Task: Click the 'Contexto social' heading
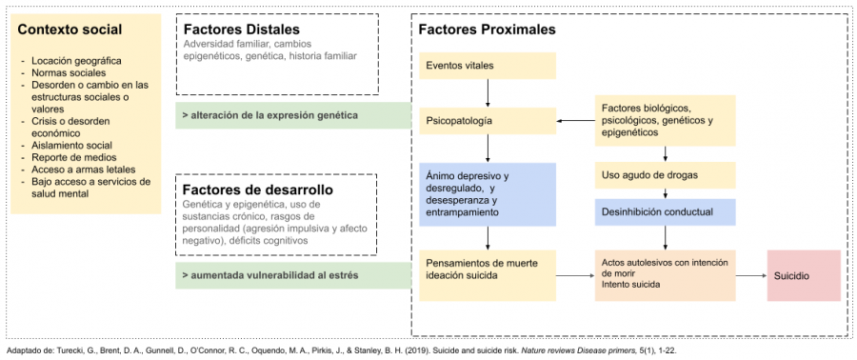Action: tap(70, 30)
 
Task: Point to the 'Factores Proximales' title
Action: tap(487, 30)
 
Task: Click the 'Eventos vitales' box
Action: tap(488, 66)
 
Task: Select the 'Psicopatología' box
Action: tap(488, 121)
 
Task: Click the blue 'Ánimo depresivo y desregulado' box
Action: tap(488, 194)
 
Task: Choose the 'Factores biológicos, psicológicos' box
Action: tap(666, 120)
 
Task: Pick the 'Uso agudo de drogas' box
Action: tap(666, 175)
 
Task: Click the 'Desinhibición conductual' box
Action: tap(666, 212)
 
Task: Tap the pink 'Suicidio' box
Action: tap(804, 275)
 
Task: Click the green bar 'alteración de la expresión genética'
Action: tap(293, 115)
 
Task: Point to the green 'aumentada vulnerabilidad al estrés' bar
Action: tap(293, 275)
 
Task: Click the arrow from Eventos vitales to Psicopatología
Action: tap(488, 93)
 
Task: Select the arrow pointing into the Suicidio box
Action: tap(751, 275)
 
